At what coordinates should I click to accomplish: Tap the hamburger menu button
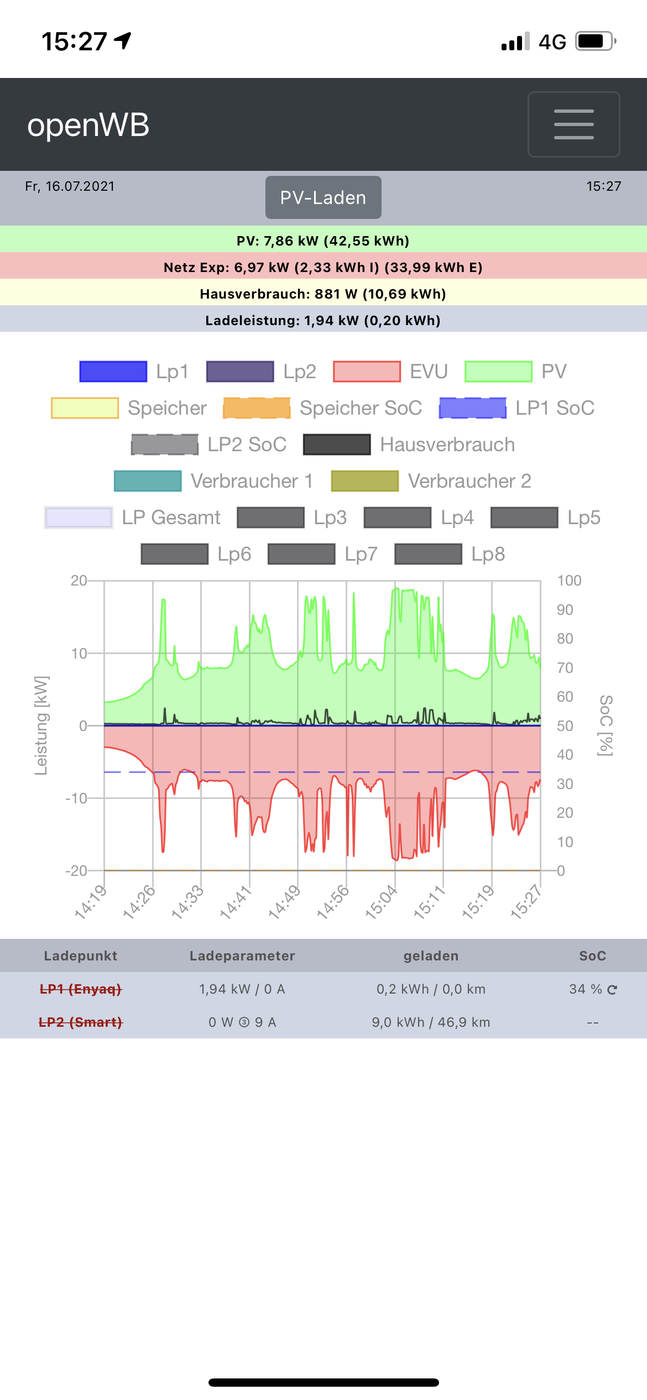tap(573, 124)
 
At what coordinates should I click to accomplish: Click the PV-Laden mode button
tap(323, 197)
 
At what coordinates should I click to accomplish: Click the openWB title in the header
tap(88, 125)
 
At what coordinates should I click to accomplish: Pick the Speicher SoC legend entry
tap(322, 408)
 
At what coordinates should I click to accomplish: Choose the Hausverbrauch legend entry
tap(409, 445)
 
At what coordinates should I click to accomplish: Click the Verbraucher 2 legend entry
tap(431, 481)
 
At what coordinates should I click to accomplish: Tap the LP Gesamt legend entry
tap(133, 518)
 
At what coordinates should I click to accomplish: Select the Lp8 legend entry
tap(450, 554)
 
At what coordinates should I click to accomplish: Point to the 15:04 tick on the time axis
tap(382, 901)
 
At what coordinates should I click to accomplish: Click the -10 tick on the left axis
tap(76, 798)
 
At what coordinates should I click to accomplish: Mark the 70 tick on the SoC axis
tap(565, 668)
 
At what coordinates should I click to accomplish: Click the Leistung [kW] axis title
tap(41, 725)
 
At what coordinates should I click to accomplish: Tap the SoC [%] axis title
tap(606, 725)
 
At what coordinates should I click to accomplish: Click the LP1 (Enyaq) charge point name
tap(81, 989)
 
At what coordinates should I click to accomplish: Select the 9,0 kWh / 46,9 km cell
tap(431, 1022)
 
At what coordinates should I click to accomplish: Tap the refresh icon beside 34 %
tap(612, 990)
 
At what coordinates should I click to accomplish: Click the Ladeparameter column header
tap(242, 956)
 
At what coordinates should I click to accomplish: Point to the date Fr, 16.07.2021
tap(70, 186)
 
